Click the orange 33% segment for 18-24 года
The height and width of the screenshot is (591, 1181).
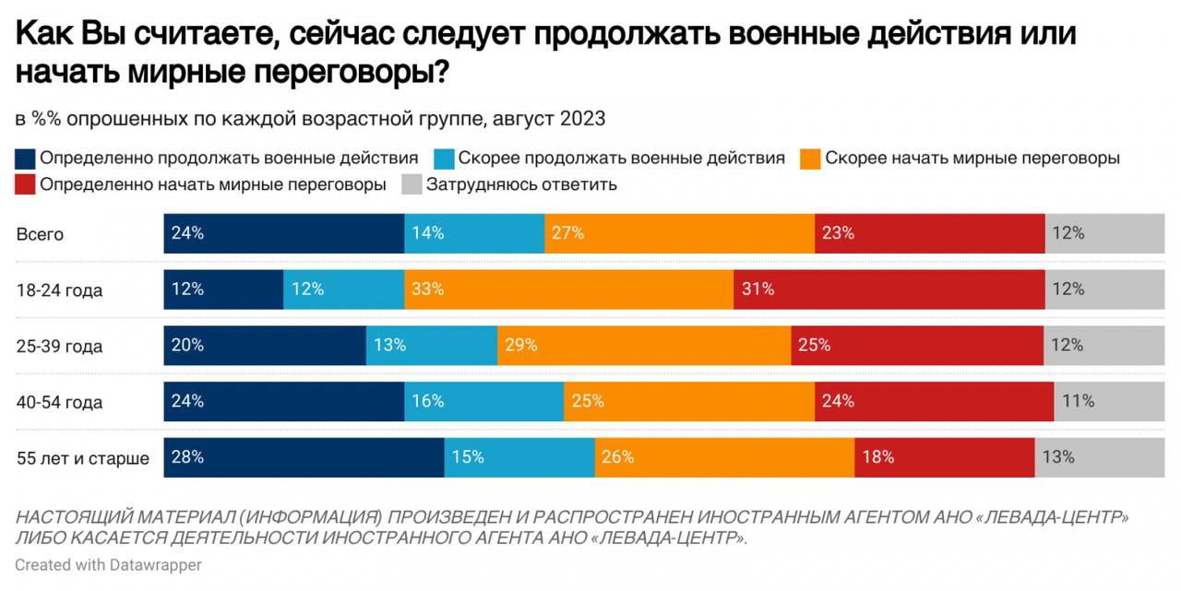click(x=568, y=290)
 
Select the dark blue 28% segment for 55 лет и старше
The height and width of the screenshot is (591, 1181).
click(x=304, y=457)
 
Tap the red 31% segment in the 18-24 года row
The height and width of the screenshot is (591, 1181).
click(x=889, y=290)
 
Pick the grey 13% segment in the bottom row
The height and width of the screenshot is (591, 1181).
click(x=1106, y=457)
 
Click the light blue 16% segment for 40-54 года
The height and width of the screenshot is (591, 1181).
click(x=483, y=401)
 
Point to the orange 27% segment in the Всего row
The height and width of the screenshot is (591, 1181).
click(x=679, y=233)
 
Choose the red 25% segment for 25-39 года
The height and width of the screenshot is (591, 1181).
click(x=917, y=346)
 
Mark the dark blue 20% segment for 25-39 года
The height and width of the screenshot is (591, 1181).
click(x=265, y=346)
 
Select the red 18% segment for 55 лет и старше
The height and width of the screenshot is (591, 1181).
click(x=944, y=457)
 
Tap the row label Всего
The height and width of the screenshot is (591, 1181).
click(x=40, y=234)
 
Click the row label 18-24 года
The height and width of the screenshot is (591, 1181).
click(x=59, y=290)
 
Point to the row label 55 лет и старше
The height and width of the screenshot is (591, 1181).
click(x=82, y=458)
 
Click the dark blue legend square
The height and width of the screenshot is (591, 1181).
click(x=26, y=159)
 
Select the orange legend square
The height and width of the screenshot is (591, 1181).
click(x=810, y=159)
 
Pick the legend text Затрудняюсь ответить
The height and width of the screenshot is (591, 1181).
click(x=520, y=184)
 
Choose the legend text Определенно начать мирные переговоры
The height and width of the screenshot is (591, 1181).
click(x=212, y=184)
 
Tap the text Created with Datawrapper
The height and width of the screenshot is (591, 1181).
click(x=108, y=564)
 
